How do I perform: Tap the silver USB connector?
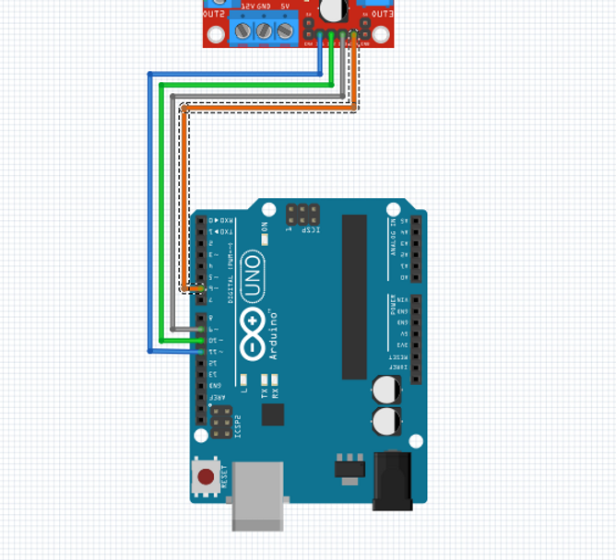pos(257,496)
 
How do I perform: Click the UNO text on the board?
pos(253,277)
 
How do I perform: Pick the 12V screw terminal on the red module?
pos(243,30)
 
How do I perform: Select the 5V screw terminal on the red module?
pos(285,30)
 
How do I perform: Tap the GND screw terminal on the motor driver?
pos(264,30)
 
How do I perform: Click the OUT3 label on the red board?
pos(382,14)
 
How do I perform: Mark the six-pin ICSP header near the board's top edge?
pos(302,216)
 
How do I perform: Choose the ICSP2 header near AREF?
pos(221,423)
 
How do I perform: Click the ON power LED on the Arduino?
pos(264,239)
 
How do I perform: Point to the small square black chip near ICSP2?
pos(273,414)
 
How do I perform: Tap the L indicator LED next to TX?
pos(243,379)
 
